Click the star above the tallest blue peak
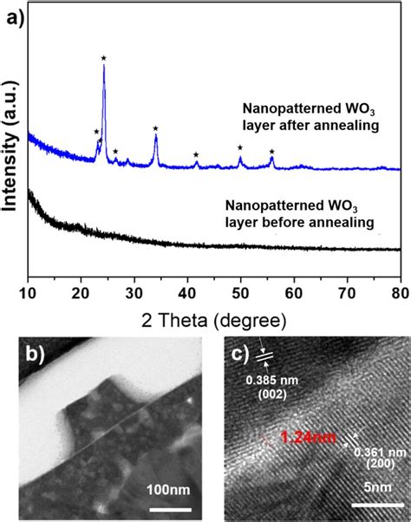pos(104,58)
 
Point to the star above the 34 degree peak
pos(155,128)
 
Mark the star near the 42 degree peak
pos(196,154)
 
